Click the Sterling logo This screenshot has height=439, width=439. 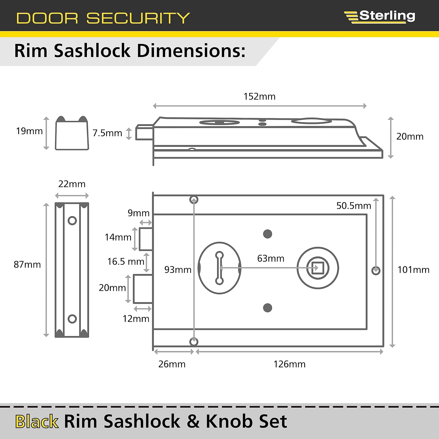(x=380, y=16)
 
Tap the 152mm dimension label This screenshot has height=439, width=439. (x=259, y=97)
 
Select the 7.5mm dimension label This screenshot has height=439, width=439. (x=107, y=133)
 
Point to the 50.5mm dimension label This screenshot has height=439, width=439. (x=354, y=206)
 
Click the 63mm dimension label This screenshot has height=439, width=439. (x=270, y=258)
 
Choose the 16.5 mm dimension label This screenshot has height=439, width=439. (x=126, y=261)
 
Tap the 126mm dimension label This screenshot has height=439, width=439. (x=289, y=364)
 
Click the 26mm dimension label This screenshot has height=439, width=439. (x=172, y=364)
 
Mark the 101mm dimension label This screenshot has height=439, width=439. (x=413, y=270)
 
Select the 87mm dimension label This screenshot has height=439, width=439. (x=27, y=265)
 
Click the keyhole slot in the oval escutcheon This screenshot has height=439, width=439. (x=219, y=268)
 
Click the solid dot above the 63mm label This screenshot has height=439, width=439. (x=267, y=234)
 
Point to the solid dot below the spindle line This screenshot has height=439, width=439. (x=267, y=308)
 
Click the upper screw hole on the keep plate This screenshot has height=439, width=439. (x=72, y=220)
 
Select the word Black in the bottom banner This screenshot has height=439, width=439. (x=37, y=421)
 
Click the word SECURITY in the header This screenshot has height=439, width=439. (x=138, y=18)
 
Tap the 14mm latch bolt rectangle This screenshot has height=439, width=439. (x=146, y=239)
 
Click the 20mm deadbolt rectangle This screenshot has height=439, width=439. (x=143, y=289)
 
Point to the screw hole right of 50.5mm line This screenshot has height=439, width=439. (x=376, y=271)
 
